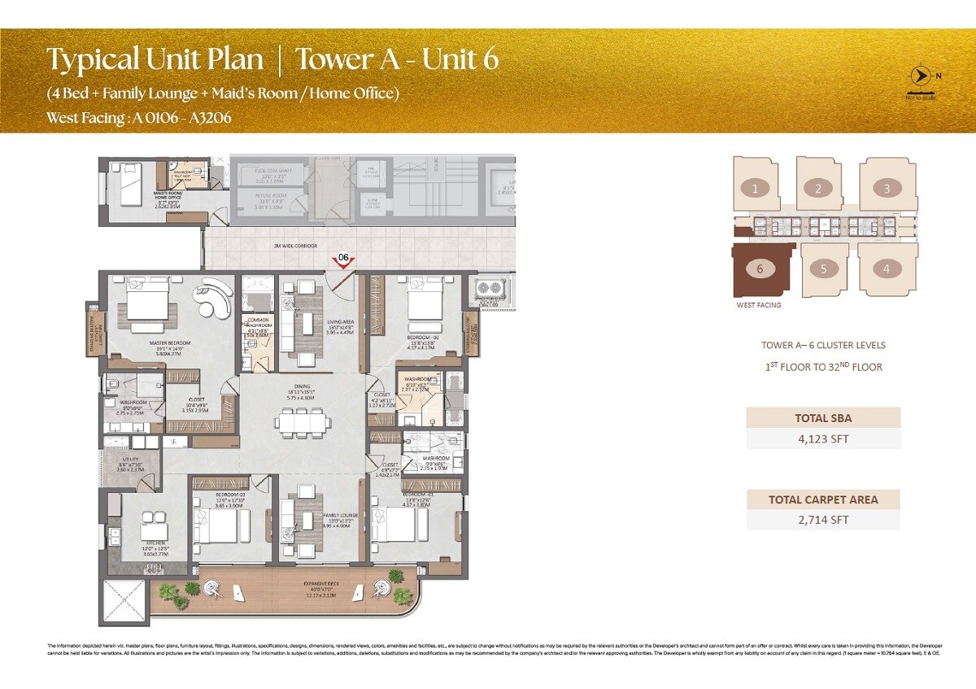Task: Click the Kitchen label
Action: (155, 543)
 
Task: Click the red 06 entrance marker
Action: (344, 259)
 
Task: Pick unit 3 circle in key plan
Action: (887, 189)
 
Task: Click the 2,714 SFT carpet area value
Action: (823, 519)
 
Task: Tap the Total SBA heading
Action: (823, 418)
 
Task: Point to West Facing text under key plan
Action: (758, 305)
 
